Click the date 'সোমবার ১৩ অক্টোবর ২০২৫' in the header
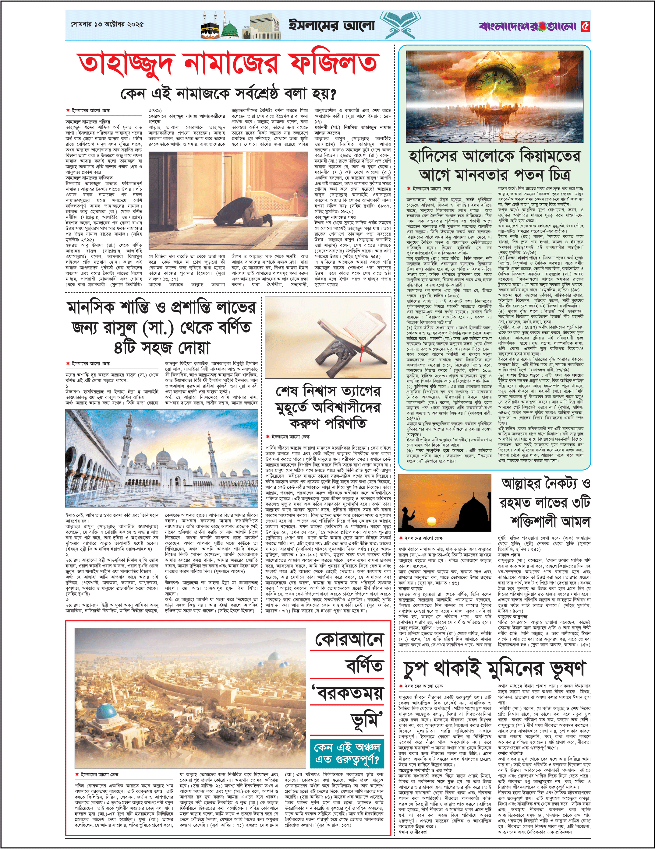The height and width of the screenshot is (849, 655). [107, 24]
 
